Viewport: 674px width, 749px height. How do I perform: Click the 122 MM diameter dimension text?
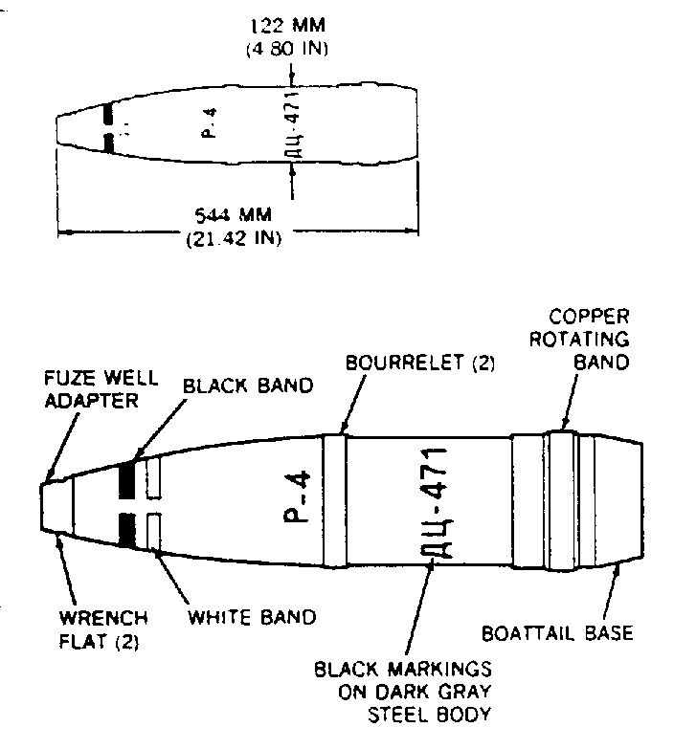point(288,25)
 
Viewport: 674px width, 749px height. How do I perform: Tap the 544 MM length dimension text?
point(234,215)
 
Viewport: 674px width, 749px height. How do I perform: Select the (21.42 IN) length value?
point(234,238)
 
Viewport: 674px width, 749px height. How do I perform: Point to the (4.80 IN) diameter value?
point(287,49)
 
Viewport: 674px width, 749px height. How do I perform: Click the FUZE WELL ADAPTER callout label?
point(101,389)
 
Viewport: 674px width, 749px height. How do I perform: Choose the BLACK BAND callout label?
point(248,386)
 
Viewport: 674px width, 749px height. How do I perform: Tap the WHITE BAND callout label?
point(252,617)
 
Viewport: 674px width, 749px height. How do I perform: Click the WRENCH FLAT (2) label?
point(103,630)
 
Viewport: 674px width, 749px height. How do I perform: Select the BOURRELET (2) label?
point(420,363)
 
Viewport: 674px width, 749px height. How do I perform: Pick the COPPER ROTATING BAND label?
point(579,340)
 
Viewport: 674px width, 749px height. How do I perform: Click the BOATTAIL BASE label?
point(557,633)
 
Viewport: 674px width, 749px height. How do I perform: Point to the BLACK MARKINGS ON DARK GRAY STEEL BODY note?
point(403,692)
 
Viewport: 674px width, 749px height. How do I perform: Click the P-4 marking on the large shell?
point(298,497)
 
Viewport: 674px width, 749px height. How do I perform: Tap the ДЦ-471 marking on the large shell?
point(436,502)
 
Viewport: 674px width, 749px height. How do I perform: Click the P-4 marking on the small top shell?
point(210,123)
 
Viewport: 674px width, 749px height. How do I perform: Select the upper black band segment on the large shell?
point(126,480)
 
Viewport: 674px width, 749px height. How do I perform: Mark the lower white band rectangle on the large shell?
point(154,531)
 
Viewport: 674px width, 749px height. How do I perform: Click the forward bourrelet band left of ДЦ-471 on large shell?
point(335,500)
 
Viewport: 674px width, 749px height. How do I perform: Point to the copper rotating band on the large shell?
point(563,500)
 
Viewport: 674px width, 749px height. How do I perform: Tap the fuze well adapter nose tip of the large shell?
point(41,507)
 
